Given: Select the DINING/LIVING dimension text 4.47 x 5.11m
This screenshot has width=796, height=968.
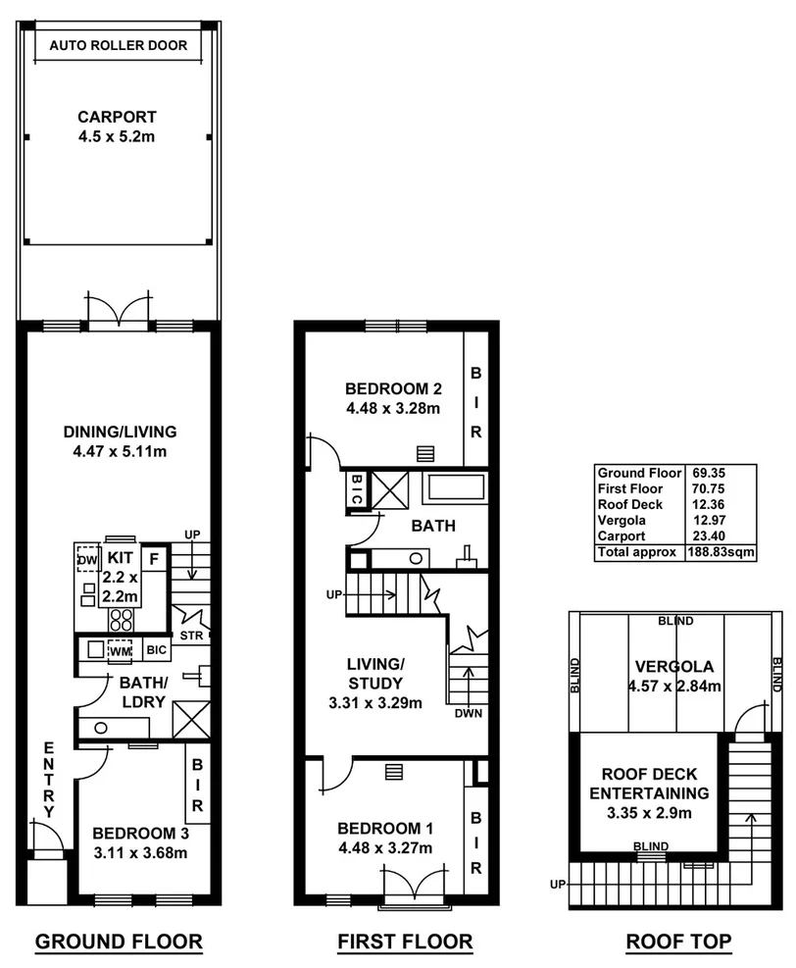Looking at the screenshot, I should [x=119, y=452].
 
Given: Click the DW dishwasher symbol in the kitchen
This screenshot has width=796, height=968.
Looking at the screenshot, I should [x=88, y=558].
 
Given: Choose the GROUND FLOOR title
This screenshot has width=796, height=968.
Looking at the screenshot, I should [x=119, y=943].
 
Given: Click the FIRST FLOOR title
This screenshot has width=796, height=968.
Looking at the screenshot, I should [x=405, y=943].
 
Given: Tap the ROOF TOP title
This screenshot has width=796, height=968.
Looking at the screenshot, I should [x=678, y=943].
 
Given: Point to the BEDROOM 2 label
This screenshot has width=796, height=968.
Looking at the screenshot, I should [x=392, y=385].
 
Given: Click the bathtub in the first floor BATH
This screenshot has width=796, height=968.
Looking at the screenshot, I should [x=454, y=488].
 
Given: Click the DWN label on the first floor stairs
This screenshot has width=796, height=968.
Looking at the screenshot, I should [x=468, y=713].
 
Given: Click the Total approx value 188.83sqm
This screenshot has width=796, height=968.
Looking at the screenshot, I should [x=720, y=552].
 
